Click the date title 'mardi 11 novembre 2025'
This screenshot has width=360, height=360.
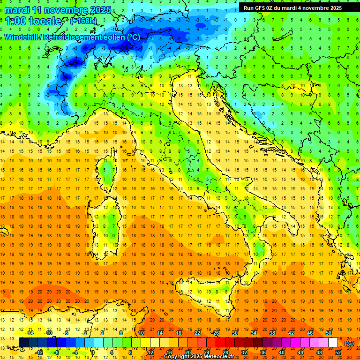click(58, 10)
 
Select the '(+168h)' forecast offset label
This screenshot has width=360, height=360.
click(84, 21)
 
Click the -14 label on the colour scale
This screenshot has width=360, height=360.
click(30, 333)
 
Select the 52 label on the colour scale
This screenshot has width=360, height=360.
click(338, 352)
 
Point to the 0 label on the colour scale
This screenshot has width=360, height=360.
click(92, 352)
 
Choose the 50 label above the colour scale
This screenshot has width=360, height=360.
click(328, 333)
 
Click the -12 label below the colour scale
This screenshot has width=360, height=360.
click(39, 352)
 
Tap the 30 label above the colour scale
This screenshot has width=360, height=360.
click(234, 333)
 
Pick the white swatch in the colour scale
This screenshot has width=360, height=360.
click(333, 343)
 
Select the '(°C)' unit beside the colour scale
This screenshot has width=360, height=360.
click(349, 343)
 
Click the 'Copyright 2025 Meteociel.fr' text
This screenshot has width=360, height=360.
click(202, 357)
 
